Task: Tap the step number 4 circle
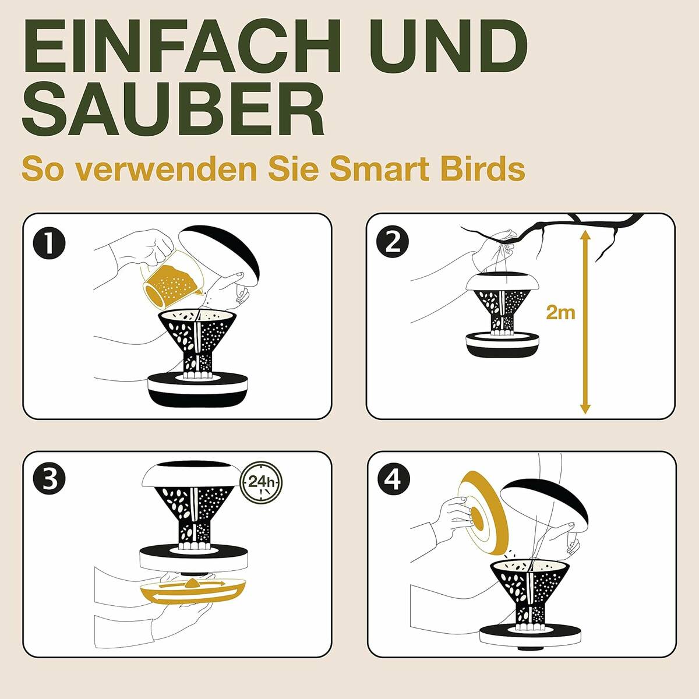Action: coord(393,479)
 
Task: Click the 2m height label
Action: coord(560,312)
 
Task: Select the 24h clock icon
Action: coord(262,482)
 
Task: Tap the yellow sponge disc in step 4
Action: coord(483,513)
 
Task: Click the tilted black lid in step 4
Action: coord(545,501)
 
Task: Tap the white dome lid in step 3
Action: coord(192,475)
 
